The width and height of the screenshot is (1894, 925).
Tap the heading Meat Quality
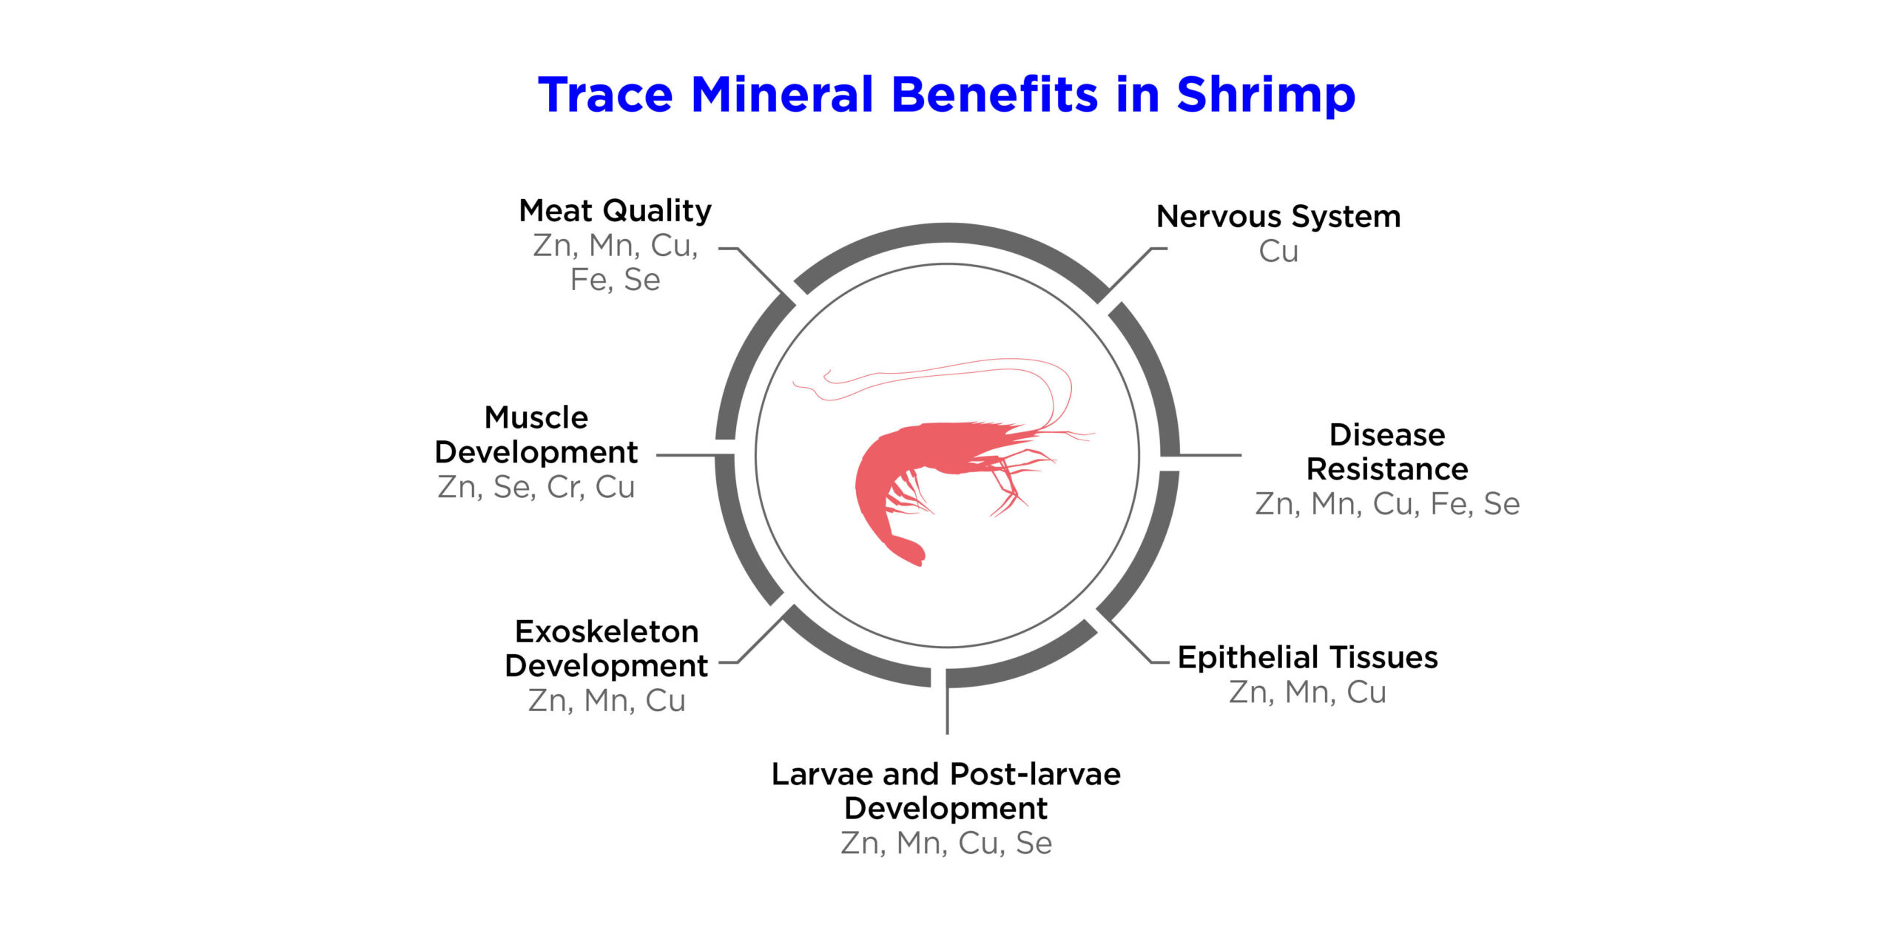(x=615, y=211)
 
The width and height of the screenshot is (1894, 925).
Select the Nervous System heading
(x=1278, y=217)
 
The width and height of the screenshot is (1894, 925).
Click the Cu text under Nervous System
(x=1278, y=252)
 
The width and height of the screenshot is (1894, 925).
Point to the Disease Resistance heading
(x=1387, y=451)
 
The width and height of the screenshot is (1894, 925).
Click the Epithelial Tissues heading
(x=1307, y=657)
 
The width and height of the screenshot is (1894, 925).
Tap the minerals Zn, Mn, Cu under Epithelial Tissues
(x=1307, y=692)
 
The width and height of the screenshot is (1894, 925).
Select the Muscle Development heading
(x=536, y=434)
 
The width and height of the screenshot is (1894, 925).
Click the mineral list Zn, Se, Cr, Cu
(x=536, y=487)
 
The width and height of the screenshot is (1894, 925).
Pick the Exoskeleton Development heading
(x=606, y=648)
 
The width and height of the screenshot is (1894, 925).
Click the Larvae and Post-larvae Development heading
(x=946, y=791)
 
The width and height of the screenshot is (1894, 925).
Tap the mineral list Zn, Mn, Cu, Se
(x=946, y=843)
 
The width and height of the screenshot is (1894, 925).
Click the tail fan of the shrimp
(x=909, y=550)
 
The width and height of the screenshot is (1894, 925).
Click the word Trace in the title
(x=605, y=96)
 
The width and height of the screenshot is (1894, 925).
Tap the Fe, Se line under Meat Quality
(x=615, y=280)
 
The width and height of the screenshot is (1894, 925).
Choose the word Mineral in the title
(x=782, y=95)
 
